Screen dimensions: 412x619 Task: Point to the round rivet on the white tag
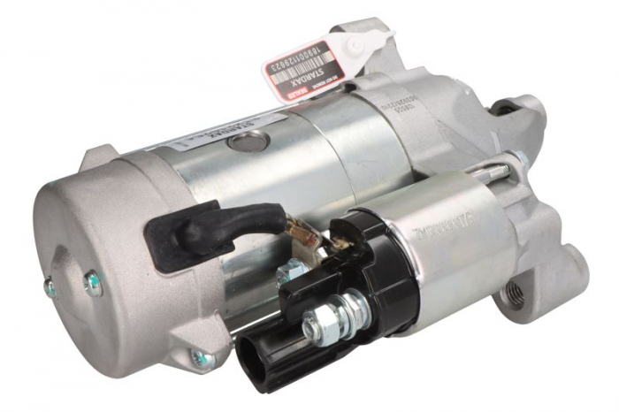[x=357, y=44]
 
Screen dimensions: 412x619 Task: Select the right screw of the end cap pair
[x=91, y=282]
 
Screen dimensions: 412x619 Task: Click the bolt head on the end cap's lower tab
[x=202, y=357]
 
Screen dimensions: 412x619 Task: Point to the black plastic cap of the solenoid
[x=371, y=256]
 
